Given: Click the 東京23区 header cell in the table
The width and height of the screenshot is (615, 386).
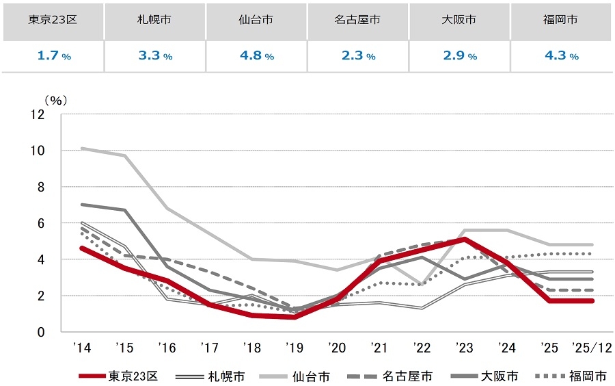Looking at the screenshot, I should click(53, 20).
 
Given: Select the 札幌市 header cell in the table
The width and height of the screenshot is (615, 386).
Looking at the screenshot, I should click(154, 20).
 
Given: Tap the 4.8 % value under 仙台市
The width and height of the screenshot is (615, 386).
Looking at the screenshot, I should click(256, 56).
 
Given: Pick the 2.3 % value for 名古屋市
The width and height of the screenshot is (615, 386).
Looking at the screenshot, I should click(357, 56).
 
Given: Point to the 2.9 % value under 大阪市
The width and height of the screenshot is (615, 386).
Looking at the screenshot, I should click(459, 56).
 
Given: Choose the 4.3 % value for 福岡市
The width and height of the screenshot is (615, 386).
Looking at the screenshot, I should click(561, 56).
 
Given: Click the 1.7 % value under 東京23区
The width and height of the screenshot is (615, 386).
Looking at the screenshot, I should click(53, 56).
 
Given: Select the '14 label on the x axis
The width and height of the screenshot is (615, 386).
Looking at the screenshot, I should click(81, 348).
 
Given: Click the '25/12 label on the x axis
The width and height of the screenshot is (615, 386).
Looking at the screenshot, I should click(588, 348).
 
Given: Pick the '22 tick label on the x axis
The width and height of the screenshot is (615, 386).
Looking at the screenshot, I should click(421, 348).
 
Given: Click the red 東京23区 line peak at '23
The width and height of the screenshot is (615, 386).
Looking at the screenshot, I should click(464, 240).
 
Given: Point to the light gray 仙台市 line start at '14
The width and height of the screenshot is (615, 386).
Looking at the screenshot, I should click(82, 149).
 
